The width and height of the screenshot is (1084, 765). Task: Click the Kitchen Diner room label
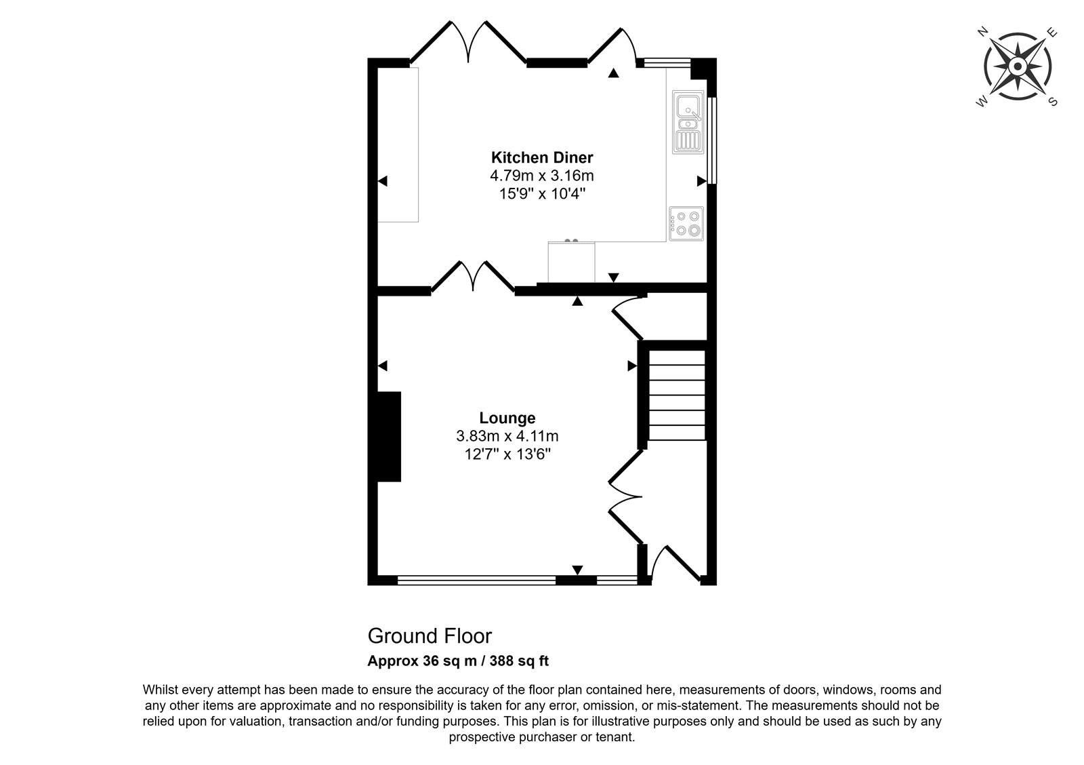(x=542, y=157)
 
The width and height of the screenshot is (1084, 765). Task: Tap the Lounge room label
(x=507, y=418)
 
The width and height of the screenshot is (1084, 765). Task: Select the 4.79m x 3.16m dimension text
(x=542, y=176)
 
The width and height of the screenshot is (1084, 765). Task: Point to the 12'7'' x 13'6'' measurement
(x=507, y=454)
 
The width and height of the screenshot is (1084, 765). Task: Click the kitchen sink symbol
(x=688, y=123)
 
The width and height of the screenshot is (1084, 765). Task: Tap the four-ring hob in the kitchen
(x=686, y=224)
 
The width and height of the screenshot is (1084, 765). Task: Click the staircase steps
(x=677, y=395)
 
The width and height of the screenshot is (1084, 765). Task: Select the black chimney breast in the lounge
(x=389, y=437)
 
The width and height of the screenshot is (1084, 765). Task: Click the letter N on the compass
(x=982, y=32)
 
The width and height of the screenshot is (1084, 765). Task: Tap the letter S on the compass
(x=1053, y=102)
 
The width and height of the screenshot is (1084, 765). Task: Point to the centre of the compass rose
(x=1018, y=66)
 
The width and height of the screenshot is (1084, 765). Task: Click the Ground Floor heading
(x=430, y=636)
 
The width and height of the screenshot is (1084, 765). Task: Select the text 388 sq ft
(x=519, y=661)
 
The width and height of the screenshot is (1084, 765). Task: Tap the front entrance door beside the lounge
(x=675, y=564)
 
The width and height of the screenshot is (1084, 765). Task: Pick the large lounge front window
(x=477, y=580)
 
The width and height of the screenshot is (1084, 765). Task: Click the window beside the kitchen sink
(x=712, y=140)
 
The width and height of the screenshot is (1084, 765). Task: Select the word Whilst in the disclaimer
(x=163, y=690)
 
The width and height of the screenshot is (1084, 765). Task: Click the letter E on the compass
(x=1052, y=33)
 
